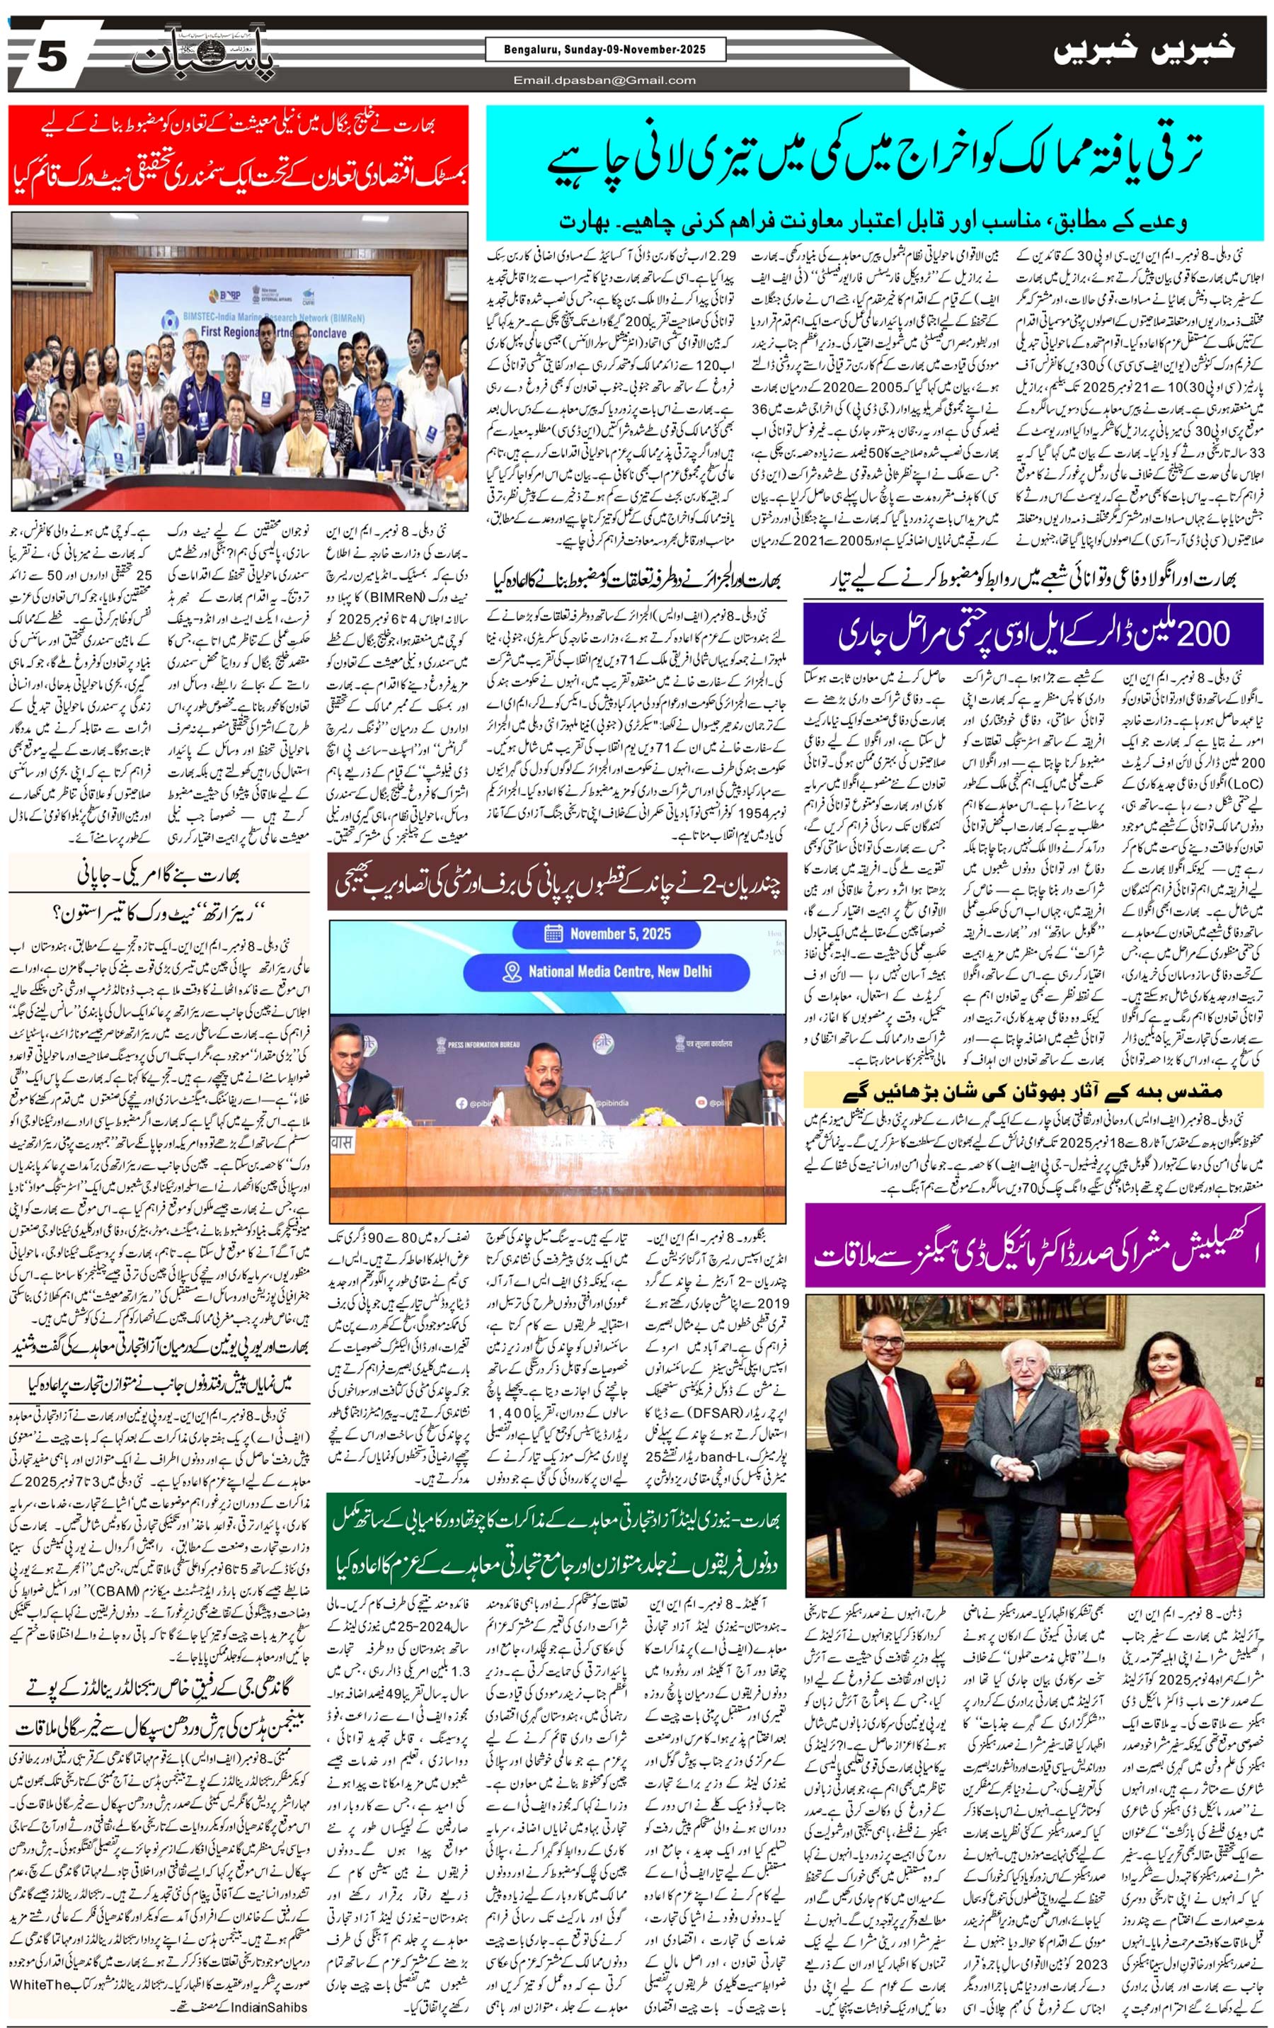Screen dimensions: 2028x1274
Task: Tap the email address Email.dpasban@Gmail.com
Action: pyautogui.click(x=604, y=80)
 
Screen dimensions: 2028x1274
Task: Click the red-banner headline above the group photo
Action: pyautogui.click(x=239, y=155)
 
